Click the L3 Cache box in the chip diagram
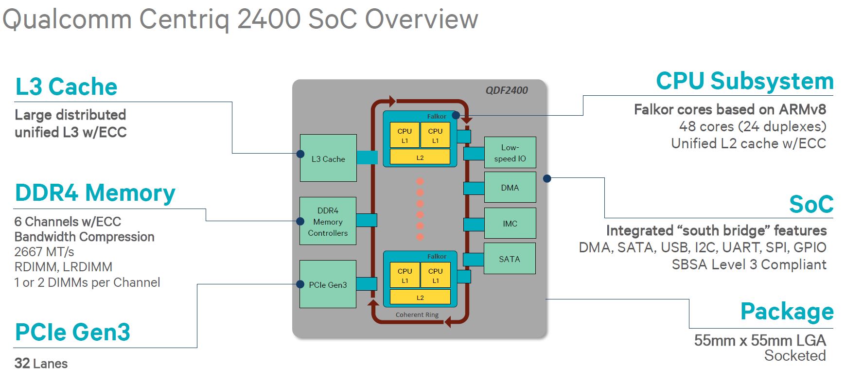pos(328,158)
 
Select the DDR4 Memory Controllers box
pos(328,221)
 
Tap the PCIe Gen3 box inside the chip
pos(328,284)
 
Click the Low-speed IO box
pos(510,153)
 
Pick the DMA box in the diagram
pos(510,188)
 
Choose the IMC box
pos(510,224)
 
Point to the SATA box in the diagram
pos(510,259)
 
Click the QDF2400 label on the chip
pos(507,90)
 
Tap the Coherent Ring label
pos(417,315)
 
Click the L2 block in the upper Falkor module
pos(420,157)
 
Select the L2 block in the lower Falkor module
pos(420,297)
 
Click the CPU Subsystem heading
pos(744,81)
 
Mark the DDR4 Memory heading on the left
pos(95,193)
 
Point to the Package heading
pos(787,312)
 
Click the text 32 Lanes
pos(41,364)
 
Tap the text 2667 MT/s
pos(44,252)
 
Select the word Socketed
pos(795,356)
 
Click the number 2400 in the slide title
pos(269,19)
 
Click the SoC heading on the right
pos(811,205)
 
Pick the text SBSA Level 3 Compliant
pos(749,265)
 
